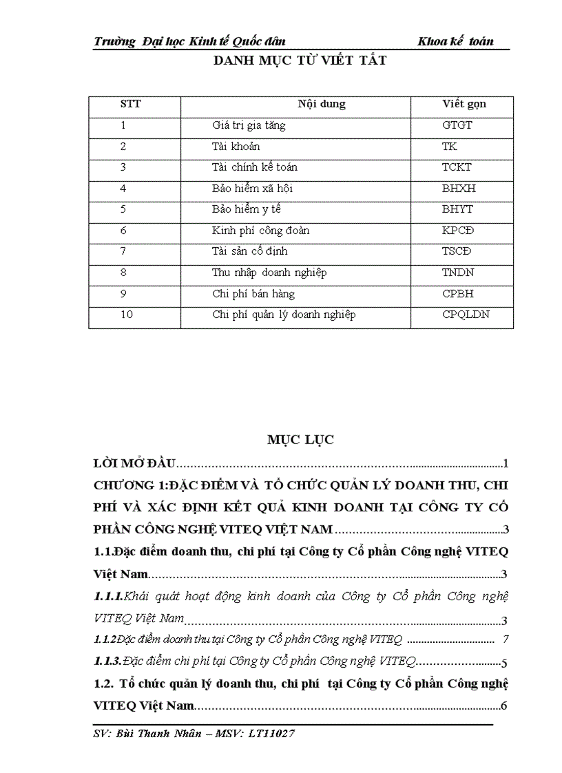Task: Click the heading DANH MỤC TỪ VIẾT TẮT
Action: (x=300, y=61)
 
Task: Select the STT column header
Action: (x=130, y=105)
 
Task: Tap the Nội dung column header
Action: (x=322, y=105)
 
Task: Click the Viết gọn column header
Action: (x=464, y=105)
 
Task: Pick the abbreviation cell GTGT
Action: (x=457, y=126)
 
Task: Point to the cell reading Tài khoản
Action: (x=236, y=147)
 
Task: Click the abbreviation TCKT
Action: (x=457, y=167)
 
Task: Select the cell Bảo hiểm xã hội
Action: (x=247, y=189)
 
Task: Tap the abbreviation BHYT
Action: (x=457, y=209)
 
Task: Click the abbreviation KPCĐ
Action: (x=458, y=231)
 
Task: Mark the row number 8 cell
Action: (x=123, y=273)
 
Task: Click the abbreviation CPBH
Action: (x=457, y=294)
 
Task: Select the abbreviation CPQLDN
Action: (x=466, y=315)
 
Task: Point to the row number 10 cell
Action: (x=126, y=315)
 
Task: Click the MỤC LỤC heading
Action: (x=300, y=441)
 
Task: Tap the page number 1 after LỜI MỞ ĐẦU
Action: (x=506, y=463)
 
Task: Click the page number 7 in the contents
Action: (x=506, y=639)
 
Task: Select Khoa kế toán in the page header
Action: (x=455, y=41)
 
